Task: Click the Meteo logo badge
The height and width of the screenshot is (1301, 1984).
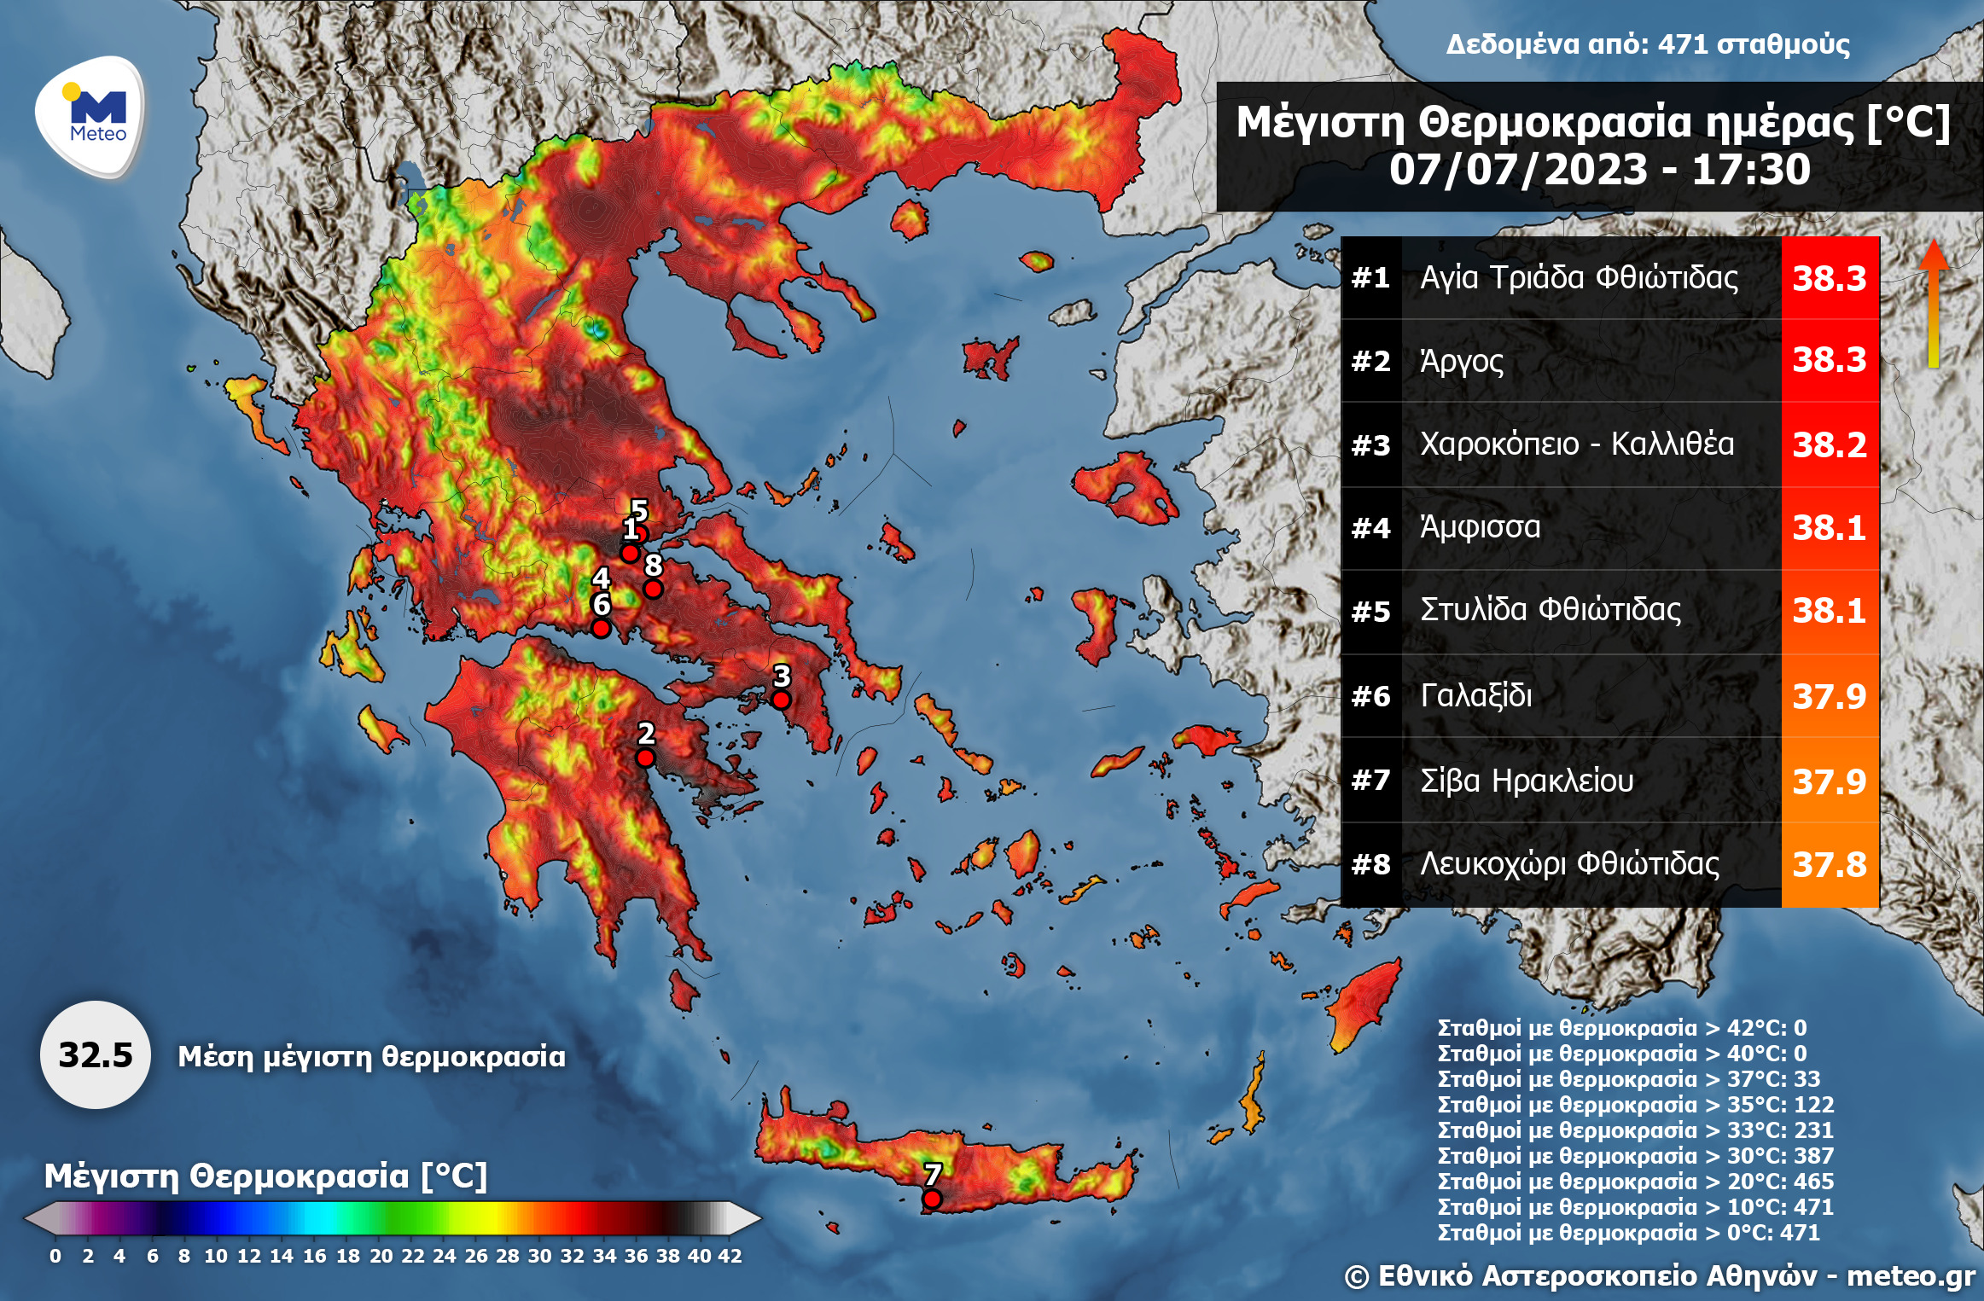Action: (92, 115)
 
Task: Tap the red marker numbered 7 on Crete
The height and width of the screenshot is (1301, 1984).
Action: (932, 1199)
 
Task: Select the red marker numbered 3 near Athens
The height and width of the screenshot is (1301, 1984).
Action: (781, 700)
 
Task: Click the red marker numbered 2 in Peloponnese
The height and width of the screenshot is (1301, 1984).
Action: (645, 758)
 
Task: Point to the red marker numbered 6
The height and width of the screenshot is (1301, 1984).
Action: (601, 628)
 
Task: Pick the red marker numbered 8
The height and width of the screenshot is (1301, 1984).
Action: (653, 589)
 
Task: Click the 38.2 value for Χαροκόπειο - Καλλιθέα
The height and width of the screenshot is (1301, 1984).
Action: (1829, 444)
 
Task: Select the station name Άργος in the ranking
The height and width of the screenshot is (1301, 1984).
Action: (1461, 361)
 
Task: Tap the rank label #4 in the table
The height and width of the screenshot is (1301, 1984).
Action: (1370, 528)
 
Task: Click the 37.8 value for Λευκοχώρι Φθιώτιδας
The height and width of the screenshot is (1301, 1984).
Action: (1829, 864)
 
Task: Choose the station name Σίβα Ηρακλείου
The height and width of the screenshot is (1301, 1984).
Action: (1526, 781)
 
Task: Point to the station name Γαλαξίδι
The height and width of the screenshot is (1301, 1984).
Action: (1475, 695)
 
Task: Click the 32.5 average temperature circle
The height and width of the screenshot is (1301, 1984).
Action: (95, 1055)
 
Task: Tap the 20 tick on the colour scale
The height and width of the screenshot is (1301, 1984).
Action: (381, 1256)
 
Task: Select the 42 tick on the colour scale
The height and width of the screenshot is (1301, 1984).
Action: (730, 1256)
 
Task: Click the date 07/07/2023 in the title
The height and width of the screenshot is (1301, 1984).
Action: (1518, 169)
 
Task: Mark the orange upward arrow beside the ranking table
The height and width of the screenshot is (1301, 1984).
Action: (1934, 303)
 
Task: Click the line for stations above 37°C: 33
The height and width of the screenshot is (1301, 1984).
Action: (1627, 1079)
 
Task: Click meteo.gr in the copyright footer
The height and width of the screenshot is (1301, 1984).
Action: (1911, 1275)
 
